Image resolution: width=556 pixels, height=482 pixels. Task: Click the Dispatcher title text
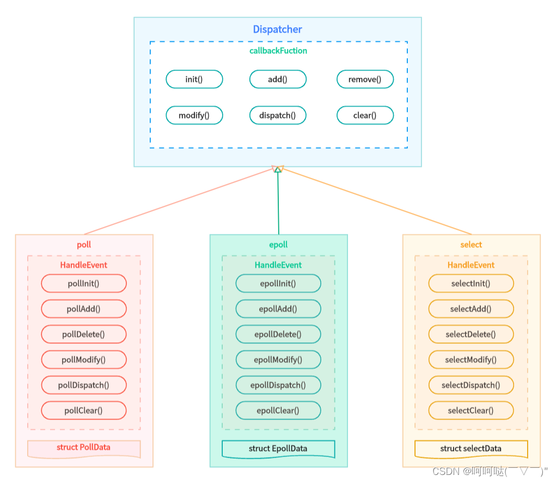pyautogui.click(x=277, y=29)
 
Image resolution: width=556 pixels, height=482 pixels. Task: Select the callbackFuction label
pyautogui.click(x=278, y=51)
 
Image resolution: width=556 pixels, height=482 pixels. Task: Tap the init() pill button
pyautogui.click(x=194, y=79)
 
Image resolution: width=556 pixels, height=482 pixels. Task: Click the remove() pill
pyautogui.click(x=365, y=79)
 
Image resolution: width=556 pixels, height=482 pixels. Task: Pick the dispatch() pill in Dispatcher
pyautogui.click(x=278, y=115)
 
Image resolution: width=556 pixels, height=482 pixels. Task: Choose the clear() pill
pyautogui.click(x=365, y=115)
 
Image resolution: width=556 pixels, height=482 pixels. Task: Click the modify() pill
pyautogui.click(x=194, y=115)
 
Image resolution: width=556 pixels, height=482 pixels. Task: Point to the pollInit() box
pyautogui.click(x=83, y=283)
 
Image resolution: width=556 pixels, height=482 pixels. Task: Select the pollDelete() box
pyautogui.click(x=83, y=334)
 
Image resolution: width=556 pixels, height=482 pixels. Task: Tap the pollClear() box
pyautogui.click(x=83, y=410)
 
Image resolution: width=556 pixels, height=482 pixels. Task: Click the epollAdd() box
pyautogui.click(x=278, y=309)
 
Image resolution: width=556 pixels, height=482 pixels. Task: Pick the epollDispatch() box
pyautogui.click(x=278, y=385)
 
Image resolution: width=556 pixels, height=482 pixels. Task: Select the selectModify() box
pyautogui.click(x=471, y=360)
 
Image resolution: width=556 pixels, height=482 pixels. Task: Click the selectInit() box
pyautogui.click(x=471, y=283)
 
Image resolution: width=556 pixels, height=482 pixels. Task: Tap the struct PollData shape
pyautogui.click(x=83, y=448)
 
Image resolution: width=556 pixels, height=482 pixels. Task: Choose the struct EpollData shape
pyautogui.click(x=278, y=449)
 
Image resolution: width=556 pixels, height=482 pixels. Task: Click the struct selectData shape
pyautogui.click(x=471, y=449)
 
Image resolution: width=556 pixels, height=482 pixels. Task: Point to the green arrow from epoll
pyautogui.click(x=278, y=201)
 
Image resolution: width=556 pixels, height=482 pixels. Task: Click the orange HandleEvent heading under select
pyautogui.click(x=471, y=265)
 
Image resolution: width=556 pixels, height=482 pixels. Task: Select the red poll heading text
pyautogui.click(x=84, y=245)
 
